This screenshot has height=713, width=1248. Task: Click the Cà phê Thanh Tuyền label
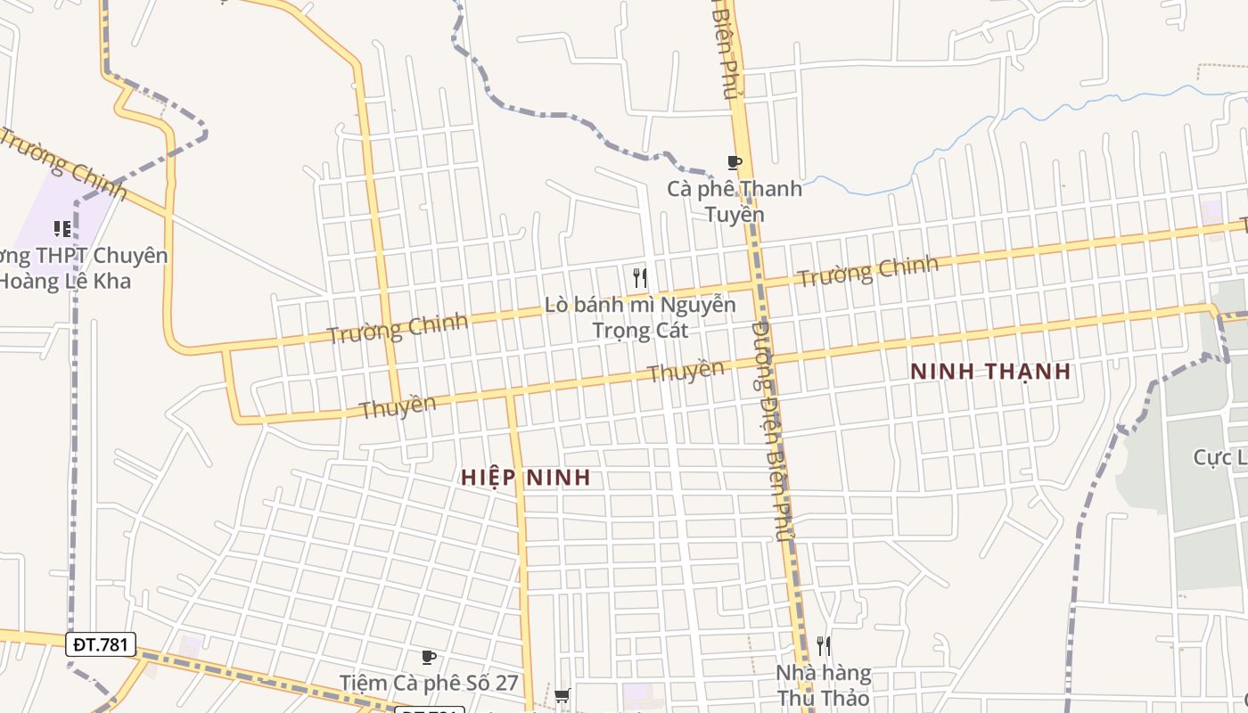pyautogui.click(x=735, y=201)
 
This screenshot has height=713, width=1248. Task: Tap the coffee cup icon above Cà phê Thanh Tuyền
pyautogui.click(x=735, y=162)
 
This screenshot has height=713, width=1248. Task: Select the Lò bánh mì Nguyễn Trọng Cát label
pyautogui.click(x=640, y=317)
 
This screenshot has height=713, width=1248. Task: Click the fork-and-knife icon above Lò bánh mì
pyautogui.click(x=639, y=277)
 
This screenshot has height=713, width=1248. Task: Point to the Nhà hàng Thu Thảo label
pyautogui.click(x=823, y=684)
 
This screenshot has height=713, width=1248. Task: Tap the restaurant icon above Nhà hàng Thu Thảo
pyautogui.click(x=823, y=645)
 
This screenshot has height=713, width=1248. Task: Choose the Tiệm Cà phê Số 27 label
pyautogui.click(x=429, y=684)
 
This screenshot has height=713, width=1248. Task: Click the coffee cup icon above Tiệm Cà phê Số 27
pyautogui.click(x=429, y=658)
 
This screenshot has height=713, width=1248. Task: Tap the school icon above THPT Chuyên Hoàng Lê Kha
pyautogui.click(x=62, y=229)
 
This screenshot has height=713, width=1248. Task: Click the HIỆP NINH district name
pyautogui.click(x=526, y=478)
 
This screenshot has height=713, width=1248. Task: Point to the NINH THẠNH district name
pyautogui.click(x=990, y=372)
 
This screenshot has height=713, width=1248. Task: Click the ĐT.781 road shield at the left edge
pyautogui.click(x=101, y=643)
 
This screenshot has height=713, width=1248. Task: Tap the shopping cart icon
pyautogui.click(x=562, y=695)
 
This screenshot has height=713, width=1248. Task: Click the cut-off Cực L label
pyautogui.click(x=1220, y=458)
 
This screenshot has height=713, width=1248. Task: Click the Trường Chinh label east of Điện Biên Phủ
pyautogui.click(x=868, y=271)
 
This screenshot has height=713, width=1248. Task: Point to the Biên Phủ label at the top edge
pyautogui.click(x=727, y=49)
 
